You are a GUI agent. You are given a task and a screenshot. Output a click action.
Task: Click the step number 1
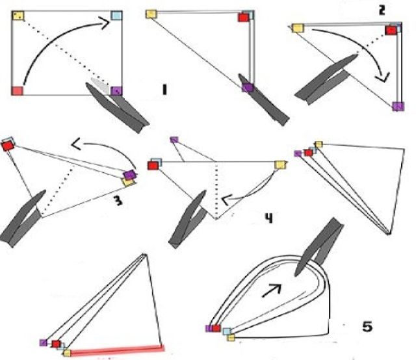click(164, 90)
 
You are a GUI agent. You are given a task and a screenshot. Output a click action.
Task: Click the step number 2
click(382, 10)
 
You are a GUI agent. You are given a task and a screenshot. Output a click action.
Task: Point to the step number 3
click(118, 200)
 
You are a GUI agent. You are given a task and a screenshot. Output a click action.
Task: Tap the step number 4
click(268, 218)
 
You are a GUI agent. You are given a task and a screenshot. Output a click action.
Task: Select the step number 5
click(367, 326)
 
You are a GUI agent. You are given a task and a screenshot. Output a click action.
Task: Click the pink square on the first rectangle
click(18, 90)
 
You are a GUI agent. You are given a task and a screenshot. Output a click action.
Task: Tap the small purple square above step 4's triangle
click(174, 140)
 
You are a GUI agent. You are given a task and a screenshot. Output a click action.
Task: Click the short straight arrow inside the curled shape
click(271, 290)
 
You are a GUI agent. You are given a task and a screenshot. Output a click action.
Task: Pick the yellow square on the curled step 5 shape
click(231, 338)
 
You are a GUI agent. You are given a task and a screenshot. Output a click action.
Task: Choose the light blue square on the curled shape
click(227, 331)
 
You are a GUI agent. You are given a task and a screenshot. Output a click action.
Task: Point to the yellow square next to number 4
click(280, 165)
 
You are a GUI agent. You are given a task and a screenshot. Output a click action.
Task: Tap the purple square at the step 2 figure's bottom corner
click(398, 106)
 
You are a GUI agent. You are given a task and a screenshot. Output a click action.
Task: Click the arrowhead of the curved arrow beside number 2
click(383, 77)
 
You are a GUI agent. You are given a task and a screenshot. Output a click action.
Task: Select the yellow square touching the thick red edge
click(67, 353)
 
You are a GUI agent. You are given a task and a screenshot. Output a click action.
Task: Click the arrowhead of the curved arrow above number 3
click(76, 145)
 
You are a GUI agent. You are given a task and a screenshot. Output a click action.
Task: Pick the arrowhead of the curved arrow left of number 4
click(226, 199)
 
